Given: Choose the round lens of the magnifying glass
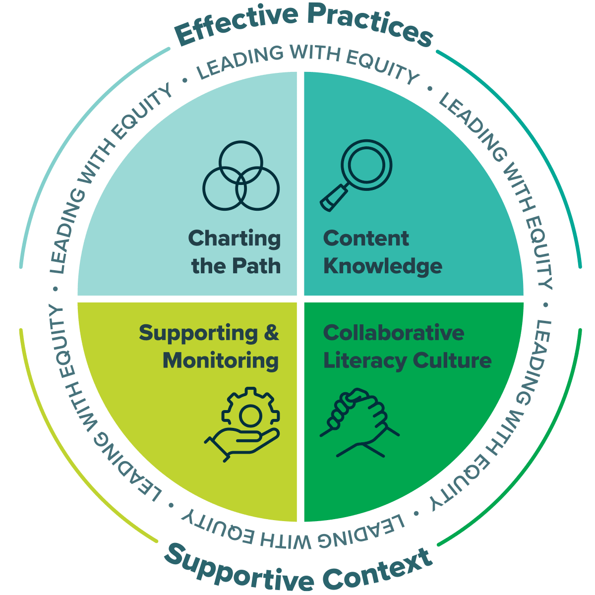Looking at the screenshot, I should tap(366, 165).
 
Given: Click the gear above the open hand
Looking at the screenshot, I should tap(250, 412).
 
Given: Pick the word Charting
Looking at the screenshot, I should tap(235, 238).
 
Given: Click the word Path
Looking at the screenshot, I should tap(258, 266).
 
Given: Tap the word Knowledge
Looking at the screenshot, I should tap(383, 266).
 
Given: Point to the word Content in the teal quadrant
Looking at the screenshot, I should tap(366, 238).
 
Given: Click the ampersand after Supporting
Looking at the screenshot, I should tap(271, 333).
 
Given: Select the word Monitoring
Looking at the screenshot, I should tap(221, 360).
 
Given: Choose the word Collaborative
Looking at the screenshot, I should tap(394, 333).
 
